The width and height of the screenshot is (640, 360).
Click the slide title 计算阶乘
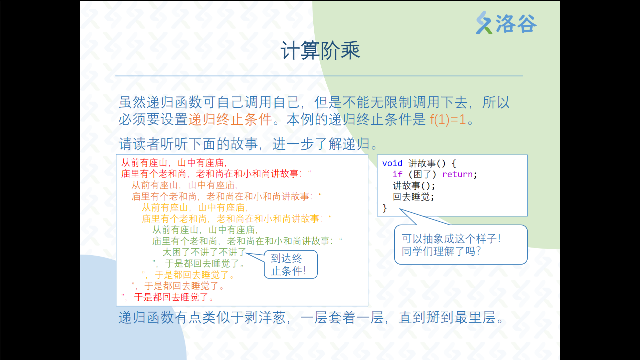[x=320, y=51]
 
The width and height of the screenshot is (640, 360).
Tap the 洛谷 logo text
[x=516, y=23]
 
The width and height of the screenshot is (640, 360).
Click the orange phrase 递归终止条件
[x=230, y=119]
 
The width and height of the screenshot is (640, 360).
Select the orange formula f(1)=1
[x=448, y=119]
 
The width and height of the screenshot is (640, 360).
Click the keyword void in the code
[x=392, y=163]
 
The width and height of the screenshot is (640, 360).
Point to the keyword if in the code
[x=397, y=174]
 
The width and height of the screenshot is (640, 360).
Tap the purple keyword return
[x=457, y=174]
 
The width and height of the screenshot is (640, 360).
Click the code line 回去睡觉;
[x=413, y=197]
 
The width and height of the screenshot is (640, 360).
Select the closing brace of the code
[x=385, y=208]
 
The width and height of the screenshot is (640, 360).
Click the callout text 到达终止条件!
[x=288, y=265]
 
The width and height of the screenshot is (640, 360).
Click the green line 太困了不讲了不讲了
[x=204, y=252]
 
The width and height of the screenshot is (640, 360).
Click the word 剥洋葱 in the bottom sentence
[x=265, y=317]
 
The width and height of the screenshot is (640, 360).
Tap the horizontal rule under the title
[x=319, y=76]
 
